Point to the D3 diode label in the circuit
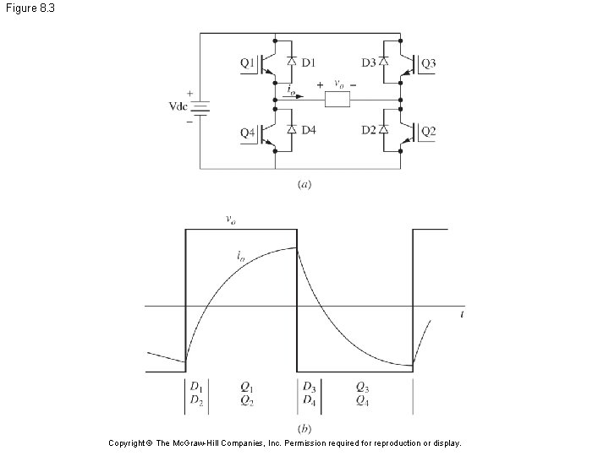[369, 62]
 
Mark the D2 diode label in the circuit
[369, 131]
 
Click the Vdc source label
[177, 107]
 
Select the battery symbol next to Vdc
[200, 107]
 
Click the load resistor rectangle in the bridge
[338, 100]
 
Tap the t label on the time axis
[462, 313]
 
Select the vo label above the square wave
[229, 220]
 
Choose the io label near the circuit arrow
[291, 88]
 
